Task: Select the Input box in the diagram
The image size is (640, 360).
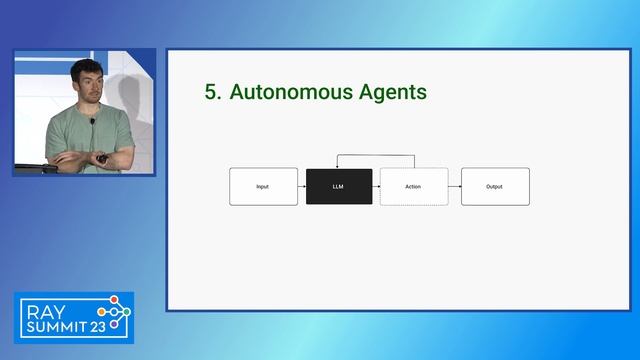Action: (x=263, y=186)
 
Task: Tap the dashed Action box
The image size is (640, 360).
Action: (x=413, y=186)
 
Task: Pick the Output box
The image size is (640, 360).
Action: (x=494, y=186)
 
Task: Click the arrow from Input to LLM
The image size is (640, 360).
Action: (x=302, y=186)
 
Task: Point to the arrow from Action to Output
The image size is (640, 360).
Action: (x=453, y=186)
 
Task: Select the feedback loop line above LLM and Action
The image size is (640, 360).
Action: (x=376, y=156)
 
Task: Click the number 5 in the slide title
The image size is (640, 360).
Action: (x=211, y=92)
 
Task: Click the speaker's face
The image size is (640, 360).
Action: (x=86, y=82)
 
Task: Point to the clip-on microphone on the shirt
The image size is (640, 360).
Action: (x=92, y=122)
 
